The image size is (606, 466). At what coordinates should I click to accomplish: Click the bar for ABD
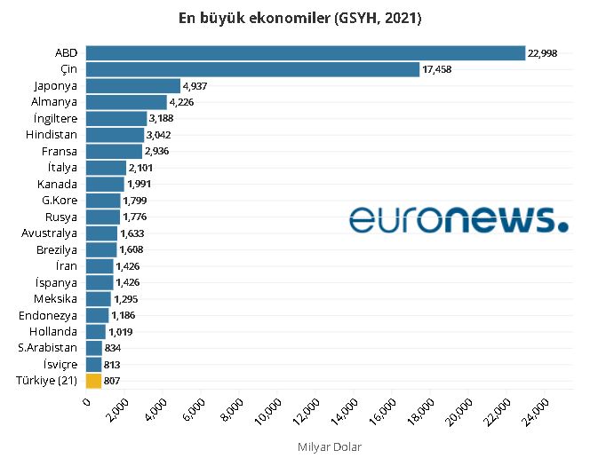point(306,53)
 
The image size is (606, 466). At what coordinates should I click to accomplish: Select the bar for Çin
point(253,69)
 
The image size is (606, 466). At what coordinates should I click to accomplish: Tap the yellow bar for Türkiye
point(94,381)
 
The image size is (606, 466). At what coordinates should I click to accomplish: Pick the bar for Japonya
point(132,86)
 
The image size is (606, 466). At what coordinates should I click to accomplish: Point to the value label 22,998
point(542,53)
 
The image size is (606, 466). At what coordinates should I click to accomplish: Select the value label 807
point(112,381)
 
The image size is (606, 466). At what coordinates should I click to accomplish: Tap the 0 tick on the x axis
point(86,404)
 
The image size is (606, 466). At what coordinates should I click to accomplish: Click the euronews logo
point(458,219)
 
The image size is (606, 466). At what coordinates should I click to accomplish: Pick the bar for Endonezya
point(98,315)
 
